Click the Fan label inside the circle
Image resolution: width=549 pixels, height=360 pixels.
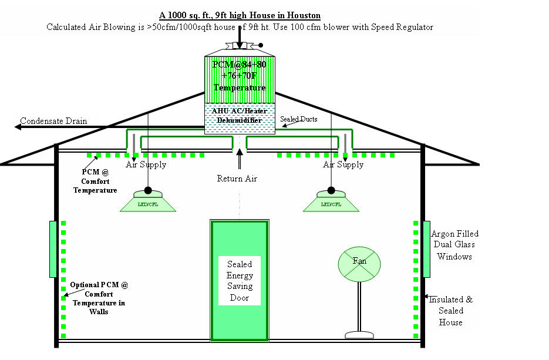pyautogui.click(x=359, y=260)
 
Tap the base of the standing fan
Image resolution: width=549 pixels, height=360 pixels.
pyautogui.click(x=359, y=335)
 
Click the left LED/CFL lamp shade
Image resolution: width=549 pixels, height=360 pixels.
pyautogui.click(x=148, y=202)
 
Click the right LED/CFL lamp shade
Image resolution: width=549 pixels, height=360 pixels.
pyautogui.click(x=331, y=202)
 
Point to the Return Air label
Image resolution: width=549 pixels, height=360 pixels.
pyautogui.click(x=237, y=179)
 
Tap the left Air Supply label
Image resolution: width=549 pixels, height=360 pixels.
pyautogui.click(x=146, y=164)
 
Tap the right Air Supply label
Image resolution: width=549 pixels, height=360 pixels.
pyautogui.click(x=343, y=164)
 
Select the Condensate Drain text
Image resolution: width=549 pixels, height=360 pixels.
pyautogui.click(x=53, y=122)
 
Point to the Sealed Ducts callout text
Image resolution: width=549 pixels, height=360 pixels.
pyautogui.click(x=298, y=119)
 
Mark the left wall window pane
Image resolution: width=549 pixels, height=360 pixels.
pyautogui.click(x=53, y=248)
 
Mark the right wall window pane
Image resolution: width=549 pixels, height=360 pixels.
pyautogui.click(x=426, y=248)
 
